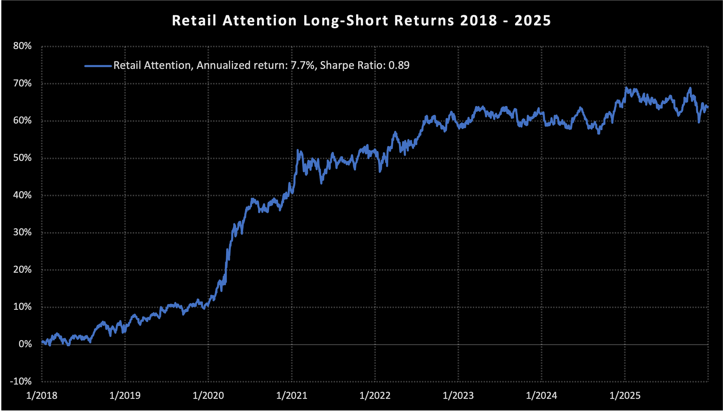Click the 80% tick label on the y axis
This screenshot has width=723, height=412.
22,46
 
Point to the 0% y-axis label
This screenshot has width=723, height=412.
25,344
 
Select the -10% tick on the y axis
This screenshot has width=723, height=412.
21,381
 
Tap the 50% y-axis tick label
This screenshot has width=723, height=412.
22,158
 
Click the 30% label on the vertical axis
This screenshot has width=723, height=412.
22,232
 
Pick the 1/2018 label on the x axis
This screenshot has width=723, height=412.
42,396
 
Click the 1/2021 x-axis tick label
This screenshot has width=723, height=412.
292,396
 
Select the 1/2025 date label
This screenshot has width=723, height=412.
625,396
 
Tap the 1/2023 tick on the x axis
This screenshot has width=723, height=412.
458,396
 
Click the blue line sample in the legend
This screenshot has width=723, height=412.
98,66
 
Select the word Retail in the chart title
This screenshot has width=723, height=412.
194,21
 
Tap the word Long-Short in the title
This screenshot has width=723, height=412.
346,21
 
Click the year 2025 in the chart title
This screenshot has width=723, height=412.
533,21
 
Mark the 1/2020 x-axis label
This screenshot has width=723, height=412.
208,396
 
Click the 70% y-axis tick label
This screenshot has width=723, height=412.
22,84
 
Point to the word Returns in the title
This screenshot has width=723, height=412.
424,21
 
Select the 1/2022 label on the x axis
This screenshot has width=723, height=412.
375,396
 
